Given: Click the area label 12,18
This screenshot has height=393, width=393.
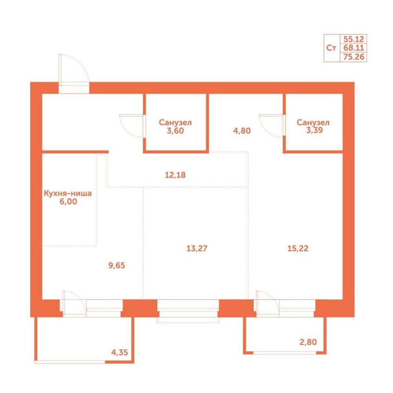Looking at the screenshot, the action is pos(175,175).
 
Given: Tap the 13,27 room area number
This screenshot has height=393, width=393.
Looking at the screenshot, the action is pos(197,248).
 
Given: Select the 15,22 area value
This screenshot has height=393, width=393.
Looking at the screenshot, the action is pos(298,248).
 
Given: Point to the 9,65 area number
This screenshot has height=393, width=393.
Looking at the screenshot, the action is pos(117,265).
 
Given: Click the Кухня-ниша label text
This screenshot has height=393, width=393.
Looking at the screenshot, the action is pos(68,193).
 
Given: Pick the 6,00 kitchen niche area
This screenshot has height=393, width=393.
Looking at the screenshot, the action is pos(68,201).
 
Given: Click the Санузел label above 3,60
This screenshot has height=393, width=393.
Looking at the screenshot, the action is pos(175,123).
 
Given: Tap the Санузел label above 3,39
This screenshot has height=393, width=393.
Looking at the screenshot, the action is pos(313,122).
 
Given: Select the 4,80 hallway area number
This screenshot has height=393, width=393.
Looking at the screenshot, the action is pos(242,130).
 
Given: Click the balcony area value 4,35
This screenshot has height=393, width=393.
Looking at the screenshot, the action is pos(119,353).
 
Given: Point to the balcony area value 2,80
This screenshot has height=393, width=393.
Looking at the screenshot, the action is pos(308,342).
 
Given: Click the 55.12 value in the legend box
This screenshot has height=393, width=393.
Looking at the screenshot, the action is pos(354,39).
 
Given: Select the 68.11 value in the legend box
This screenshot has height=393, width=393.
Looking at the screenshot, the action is pos(354,48).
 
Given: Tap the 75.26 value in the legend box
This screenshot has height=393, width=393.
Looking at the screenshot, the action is pos(354,57).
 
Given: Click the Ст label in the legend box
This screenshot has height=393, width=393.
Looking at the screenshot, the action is pos(331,48).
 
